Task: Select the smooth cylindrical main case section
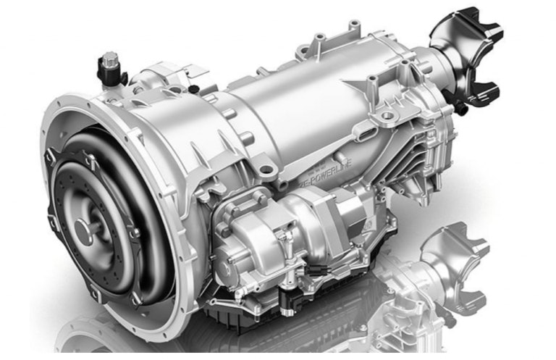[x=290, y=109]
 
